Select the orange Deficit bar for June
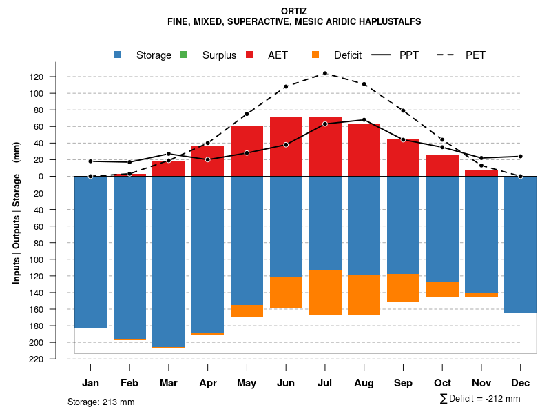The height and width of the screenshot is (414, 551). click(x=286, y=293)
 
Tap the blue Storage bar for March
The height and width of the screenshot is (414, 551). click(x=169, y=262)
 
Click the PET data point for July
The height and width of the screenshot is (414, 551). click(x=325, y=73)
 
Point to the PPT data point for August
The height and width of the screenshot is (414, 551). click(x=364, y=120)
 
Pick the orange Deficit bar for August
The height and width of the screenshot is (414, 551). click(x=364, y=295)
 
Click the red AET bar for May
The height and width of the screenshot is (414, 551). click(x=247, y=151)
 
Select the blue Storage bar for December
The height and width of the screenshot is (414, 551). click(x=521, y=245)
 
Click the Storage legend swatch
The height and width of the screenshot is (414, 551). click(x=118, y=55)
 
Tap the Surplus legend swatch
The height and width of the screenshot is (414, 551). click(x=184, y=55)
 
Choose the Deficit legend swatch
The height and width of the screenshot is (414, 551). click(x=315, y=55)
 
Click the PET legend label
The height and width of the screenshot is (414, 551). click(x=475, y=55)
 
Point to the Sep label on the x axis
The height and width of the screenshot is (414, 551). click(x=403, y=383)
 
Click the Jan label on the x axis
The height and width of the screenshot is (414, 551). click(x=90, y=383)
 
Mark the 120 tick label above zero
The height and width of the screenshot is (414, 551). click(x=56, y=77)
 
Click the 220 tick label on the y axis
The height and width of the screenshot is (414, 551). click(x=56, y=359)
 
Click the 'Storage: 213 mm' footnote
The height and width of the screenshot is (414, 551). click(x=101, y=402)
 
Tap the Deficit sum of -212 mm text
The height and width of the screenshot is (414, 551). click(x=480, y=399)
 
